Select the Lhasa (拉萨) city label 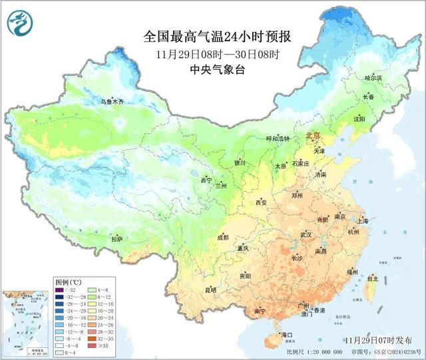[117, 239]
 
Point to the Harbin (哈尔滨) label [375, 78]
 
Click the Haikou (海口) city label [287, 334]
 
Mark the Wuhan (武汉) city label [306, 234]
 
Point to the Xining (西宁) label [206, 180]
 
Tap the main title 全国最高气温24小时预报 [217, 36]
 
